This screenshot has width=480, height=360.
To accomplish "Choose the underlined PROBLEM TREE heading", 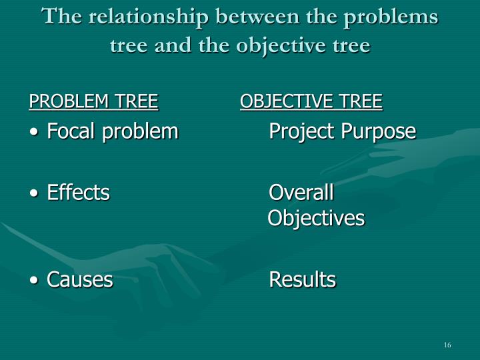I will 93,101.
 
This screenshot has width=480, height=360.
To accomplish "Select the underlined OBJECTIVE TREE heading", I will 311,101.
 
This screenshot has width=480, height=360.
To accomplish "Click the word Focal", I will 71,131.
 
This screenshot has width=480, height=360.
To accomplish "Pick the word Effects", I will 78,193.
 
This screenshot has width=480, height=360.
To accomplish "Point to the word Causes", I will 79,279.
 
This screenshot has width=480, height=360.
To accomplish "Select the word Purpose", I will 379,131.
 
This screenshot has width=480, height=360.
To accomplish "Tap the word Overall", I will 301,193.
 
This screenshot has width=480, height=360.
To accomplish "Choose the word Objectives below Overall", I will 316,218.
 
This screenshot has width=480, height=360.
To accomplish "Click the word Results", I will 302,279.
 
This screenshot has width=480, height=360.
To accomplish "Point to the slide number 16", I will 447,345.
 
